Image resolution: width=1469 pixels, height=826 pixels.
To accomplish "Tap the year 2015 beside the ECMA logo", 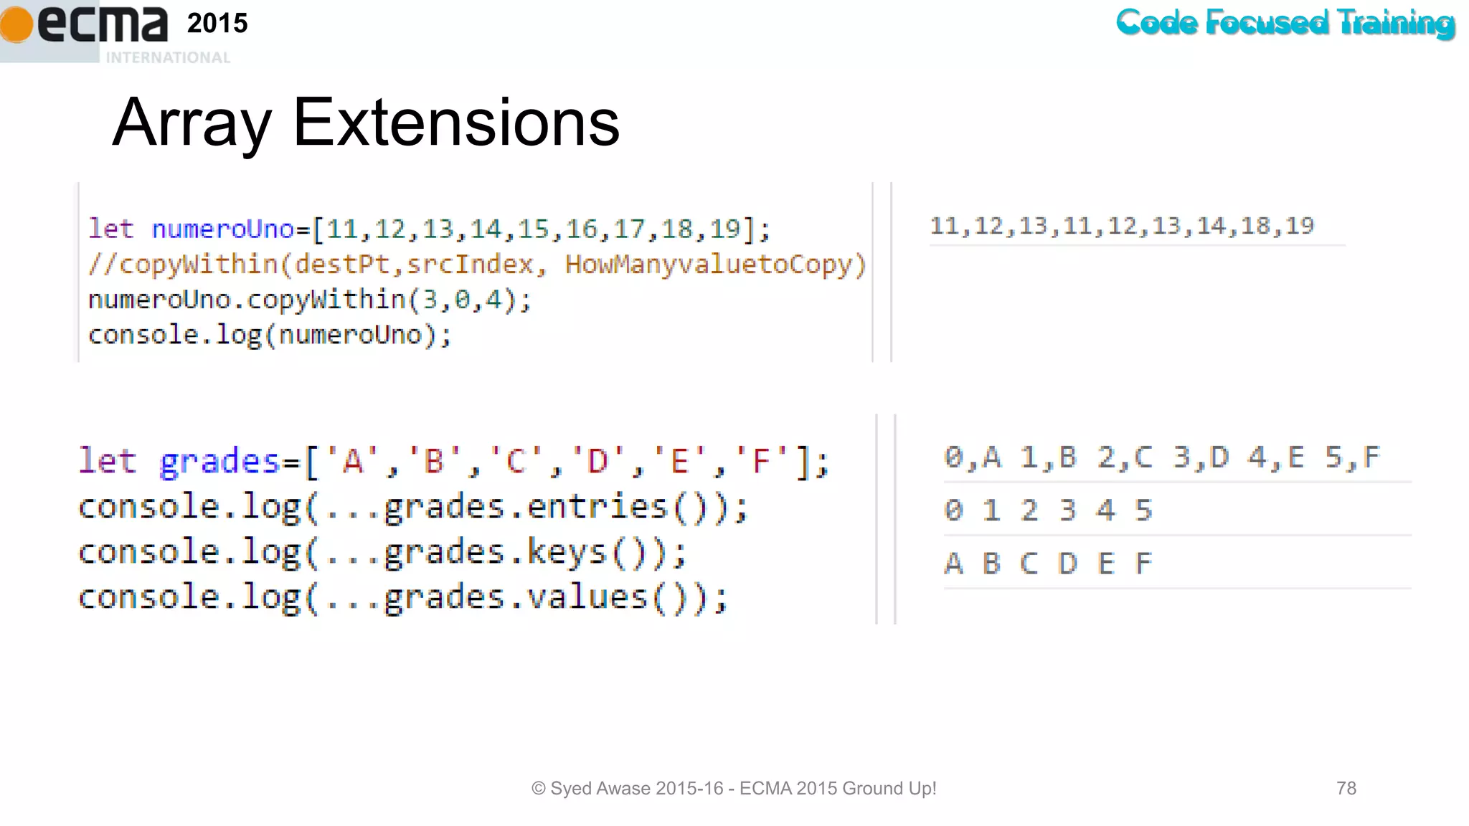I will [217, 24].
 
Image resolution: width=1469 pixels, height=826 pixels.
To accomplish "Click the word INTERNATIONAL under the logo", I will [168, 57].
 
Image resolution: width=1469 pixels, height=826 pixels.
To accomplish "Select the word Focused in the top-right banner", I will [1267, 22].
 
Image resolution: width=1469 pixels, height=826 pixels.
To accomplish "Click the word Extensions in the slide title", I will [456, 123].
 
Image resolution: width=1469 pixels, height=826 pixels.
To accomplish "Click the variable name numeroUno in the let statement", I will [223, 229].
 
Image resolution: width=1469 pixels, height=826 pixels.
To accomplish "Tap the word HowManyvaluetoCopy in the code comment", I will [715, 265].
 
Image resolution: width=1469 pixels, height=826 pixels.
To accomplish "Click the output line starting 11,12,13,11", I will [1121, 227].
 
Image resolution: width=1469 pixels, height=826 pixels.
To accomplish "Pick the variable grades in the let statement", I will [219, 461].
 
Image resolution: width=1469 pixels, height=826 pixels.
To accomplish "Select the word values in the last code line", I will [587, 597].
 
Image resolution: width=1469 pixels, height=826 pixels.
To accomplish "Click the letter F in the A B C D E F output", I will [1143, 564].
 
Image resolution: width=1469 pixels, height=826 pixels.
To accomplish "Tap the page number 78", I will [1346, 789].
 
